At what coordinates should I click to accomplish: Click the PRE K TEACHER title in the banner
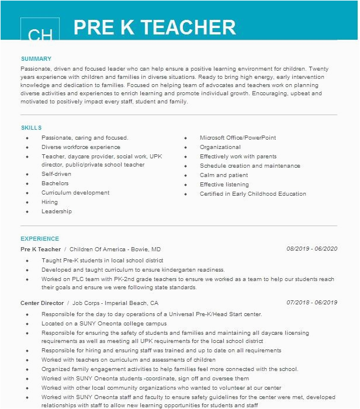coord(155,27)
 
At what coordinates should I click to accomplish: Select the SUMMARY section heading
coord(36,59)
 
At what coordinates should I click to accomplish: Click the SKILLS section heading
coord(31,128)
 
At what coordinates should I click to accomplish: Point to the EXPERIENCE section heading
coord(40,239)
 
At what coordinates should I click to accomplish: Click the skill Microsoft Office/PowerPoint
coord(238,138)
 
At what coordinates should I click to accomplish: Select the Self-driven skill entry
coord(56,174)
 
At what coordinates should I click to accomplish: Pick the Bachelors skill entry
coord(55,183)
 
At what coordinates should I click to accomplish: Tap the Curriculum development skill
coord(75,193)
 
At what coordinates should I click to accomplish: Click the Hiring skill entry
coord(50,202)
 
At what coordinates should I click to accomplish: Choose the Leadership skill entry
coord(57,212)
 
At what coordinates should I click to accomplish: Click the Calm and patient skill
coord(224,175)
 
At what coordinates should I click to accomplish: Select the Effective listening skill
coord(224,185)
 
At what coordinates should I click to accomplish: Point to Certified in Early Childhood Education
coord(253,194)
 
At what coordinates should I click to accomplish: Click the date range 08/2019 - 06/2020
coord(311,249)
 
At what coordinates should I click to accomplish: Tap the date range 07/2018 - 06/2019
coord(311,303)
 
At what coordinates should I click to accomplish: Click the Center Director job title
coord(43,303)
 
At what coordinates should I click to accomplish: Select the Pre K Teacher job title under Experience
coord(40,249)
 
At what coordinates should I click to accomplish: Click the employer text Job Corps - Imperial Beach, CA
coord(115,303)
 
